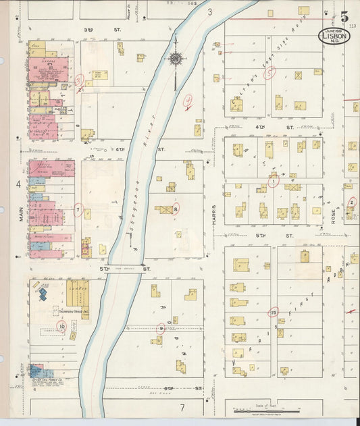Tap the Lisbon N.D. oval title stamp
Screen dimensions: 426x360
pyautogui.click(x=334, y=36)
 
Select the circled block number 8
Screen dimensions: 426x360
pyautogui.click(x=176, y=209)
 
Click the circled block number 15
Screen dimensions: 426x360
pyautogui.click(x=273, y=312)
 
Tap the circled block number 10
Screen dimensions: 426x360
pyautogui.click(x=61, y=327)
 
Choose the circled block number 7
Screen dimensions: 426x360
pyautogui.click(x=78, y=210)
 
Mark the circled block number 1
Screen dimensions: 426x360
pyautogui.click(x=273, y=181)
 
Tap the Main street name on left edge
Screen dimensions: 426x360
pyautogui.click(x=21, y=214)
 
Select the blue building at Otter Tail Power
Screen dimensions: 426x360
pyautogui.click(x=36, y=371)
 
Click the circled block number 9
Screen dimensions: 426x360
pyautogui.click(x=160, y=329)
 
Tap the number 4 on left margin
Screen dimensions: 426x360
pyautogui.click(x=18, y=184)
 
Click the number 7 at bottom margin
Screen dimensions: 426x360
pyautogui.click(x=181, y=408)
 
